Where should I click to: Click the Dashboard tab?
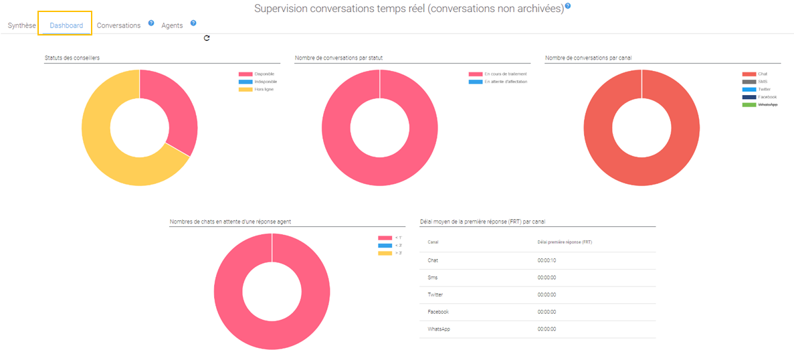pos(66,25)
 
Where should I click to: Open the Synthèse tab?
pos(21,25)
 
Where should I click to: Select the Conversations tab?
pos(118,25)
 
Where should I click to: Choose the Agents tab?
pos(172,25)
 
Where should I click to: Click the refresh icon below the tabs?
pos(207,38)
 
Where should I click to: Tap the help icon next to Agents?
pos(193,23)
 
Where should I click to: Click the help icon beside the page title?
pos(568,6)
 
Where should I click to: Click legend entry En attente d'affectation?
pos(506,82)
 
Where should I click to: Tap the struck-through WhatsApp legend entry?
pos(767,104)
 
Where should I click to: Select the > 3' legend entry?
pos(398,253)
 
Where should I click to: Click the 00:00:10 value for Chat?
pos(547,260)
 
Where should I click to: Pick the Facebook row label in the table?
pos(438,312)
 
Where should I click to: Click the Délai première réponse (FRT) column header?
pos(565,242)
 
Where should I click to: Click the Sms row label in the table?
pos(433,278)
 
